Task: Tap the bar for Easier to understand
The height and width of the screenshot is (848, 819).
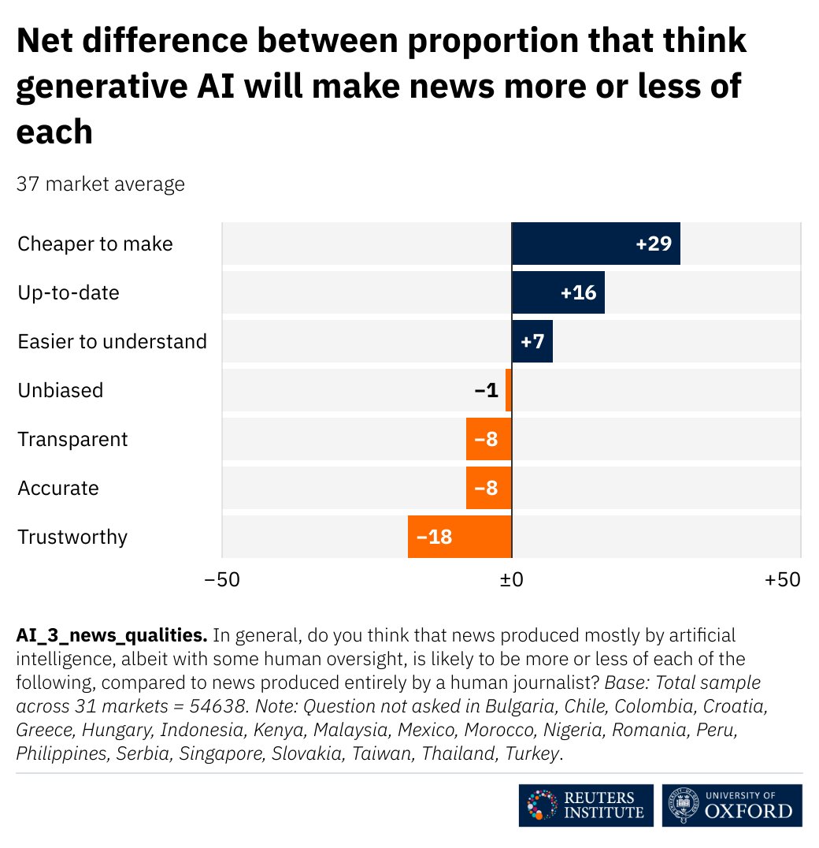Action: coord(532,341)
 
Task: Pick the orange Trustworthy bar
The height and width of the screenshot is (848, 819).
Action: coord(459,537)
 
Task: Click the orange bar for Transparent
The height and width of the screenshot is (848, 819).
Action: coord(488,439)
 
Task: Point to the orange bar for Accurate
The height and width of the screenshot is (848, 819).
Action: coord(488,488)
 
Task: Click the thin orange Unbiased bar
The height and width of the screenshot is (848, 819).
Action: coord(509,390)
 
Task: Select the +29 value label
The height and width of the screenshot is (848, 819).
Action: coord(653,244)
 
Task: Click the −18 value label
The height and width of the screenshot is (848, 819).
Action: coord(434,537)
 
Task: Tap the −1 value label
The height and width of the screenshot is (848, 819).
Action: coord(486,390)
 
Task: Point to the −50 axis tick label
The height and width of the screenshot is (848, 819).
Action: coord(222,579)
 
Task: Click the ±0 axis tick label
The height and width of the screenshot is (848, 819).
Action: coord(512,579)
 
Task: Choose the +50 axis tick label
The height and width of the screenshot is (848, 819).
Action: coord(783,579)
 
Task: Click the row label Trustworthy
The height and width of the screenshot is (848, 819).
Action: coord(72,537)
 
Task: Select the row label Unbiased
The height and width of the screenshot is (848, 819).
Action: coord(61,390)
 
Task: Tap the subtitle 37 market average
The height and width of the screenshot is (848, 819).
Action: coord(101,184)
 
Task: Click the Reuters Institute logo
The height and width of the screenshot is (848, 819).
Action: coord(586,805)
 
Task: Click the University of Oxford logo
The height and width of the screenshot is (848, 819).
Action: coord(732,805)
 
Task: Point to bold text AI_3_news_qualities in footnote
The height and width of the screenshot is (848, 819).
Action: coord(111,635)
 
